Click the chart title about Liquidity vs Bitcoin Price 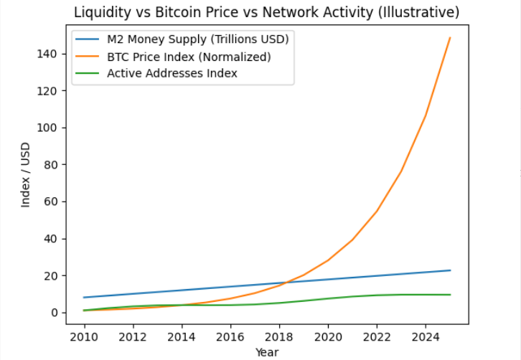click(x=266, y=12)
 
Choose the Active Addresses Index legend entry click(x=172, y=72)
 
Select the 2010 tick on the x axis click(x=85, y=336)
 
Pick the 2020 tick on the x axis click(x=328, y=336)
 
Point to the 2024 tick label click(x=426, y=336)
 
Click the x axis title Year click(x=266, y=352)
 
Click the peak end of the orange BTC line click(x=450, y=37)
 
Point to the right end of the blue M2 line click(x=450, y=270)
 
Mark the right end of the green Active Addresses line click(x=450, y=295)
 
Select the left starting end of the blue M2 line click(x=85, y=298)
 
